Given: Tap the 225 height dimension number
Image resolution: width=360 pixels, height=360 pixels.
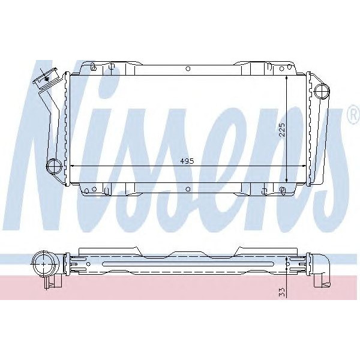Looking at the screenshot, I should pos(281,130).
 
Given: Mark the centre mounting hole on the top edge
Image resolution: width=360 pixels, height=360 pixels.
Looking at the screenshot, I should pos(187,68).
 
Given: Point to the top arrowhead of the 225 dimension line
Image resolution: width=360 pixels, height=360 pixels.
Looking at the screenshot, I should pos(287,78).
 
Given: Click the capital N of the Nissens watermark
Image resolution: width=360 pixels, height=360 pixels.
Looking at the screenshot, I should pos(54,138).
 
